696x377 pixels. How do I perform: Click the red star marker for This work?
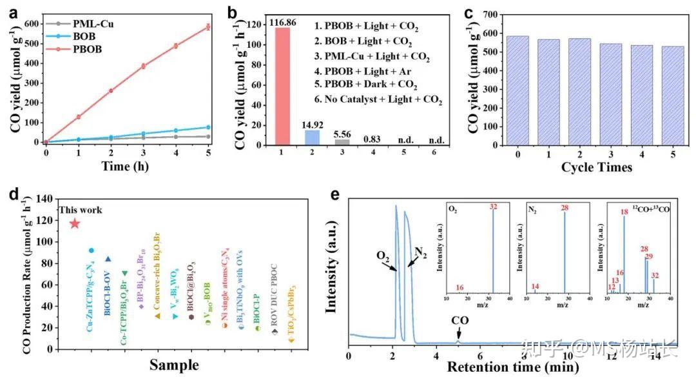pos(75,223)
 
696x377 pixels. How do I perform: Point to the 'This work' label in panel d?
pos(81,210)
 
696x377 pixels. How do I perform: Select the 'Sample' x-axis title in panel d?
pos(174,365)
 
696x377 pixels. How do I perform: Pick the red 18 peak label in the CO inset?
pos(624,212)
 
